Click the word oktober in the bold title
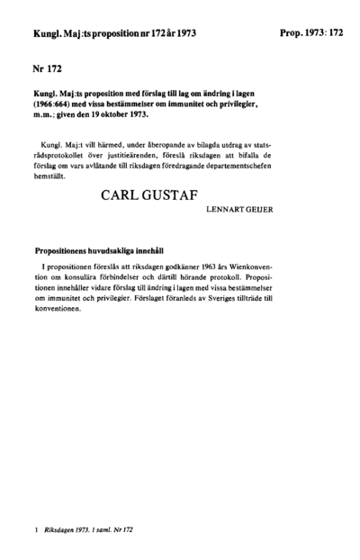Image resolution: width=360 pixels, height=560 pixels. point(139,114)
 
